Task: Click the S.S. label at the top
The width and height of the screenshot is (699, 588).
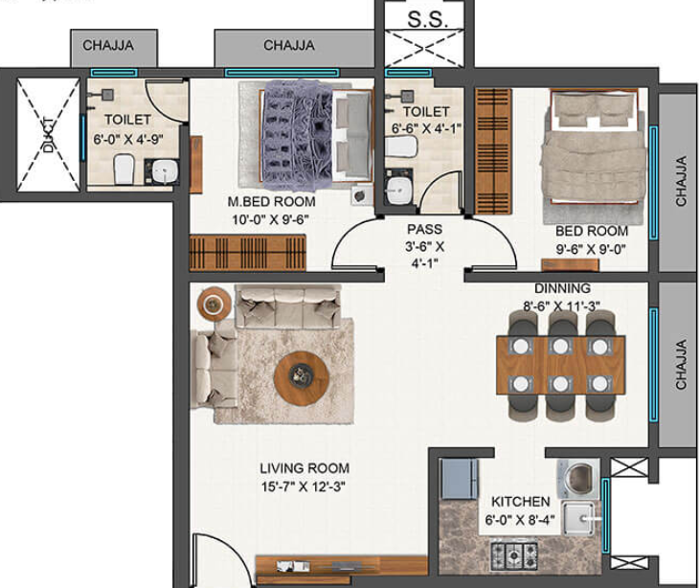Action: point(427,19)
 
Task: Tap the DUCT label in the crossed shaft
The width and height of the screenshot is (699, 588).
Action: point(49,135)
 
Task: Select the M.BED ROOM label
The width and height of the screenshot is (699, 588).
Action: point(272,201)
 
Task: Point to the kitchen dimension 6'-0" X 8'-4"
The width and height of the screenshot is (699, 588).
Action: point(520,520)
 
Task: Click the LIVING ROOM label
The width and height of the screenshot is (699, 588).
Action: point(304,468)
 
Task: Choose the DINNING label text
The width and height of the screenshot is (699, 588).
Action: point(562,288)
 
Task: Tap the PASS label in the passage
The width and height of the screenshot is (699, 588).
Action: point(425,229)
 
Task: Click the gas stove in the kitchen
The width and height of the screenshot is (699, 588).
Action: point(514,555)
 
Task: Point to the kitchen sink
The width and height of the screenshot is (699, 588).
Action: point(578,518)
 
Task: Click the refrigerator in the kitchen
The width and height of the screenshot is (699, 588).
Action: point(460,479)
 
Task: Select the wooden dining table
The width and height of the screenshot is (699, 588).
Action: point(561,365)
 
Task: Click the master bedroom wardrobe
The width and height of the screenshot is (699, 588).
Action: point(247,253)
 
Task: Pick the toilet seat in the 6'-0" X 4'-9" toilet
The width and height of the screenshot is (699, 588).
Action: point(124,169)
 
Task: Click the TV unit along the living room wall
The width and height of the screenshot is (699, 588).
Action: point(342,569)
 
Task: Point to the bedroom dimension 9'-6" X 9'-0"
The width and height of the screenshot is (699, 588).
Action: point(591,249)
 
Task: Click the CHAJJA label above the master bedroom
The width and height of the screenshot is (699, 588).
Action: point(289,45)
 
